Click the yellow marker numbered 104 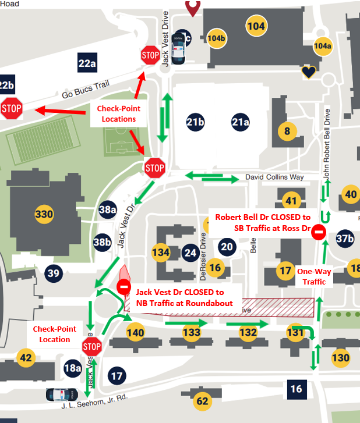pyautogui.click(x=256, y=26)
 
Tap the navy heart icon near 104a pyautogui.click(x=308, y=72)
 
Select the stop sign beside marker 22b pyautogui.click(x=11, y=108)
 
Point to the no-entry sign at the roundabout pyautogui.click(x=124, y=286)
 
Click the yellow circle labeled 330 pyautogui.click(x=44, y=214)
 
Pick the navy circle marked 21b pyautogui.click(x=196, y=122)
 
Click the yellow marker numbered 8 pyautogui.click(x=285, y=130)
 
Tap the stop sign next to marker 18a pyautogui.click(x=92, y=347)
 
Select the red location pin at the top pyautogui.click(x=192, y=7)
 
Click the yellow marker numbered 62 pyautogui.click(x=202, y=400)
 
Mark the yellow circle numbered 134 pyautogui.click(x=161, y=253)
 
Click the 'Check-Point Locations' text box pyautogui.click(x=119, y=113)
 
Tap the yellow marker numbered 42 pyautogui.click(x=26, y=357)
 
